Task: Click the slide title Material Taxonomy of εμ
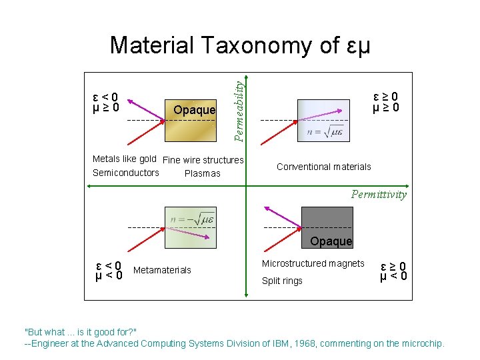pos(239,45)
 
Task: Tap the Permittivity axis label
pos(379,195)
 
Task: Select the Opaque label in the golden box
pos(194,109)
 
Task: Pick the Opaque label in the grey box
pos(331,241)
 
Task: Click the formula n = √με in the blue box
pos(325,131)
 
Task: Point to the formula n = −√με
pos(192,218)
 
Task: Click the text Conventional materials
pos(323,167)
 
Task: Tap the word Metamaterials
pos(162,270)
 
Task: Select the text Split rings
pos(282,281)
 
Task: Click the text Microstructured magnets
pos(313,263)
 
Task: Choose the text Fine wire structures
pos(203,160)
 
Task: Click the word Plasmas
pos(202,173)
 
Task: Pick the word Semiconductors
pos(126,173)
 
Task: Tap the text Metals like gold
pos(124,159)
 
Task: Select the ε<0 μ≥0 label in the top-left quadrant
pos(106,101)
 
